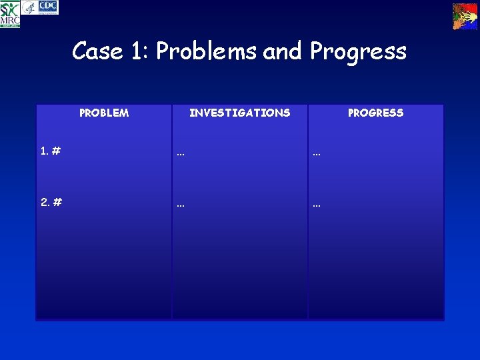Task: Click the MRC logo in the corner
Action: pyautogui.click(x=10, y=15)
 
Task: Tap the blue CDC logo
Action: pyautogui.click(x=49, y=7)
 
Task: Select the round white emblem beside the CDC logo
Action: pyautogui.click(x=29, y=7)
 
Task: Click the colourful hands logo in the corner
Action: pyautogui.click(x=465, y=16)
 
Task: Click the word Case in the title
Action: pyautogui.click(x=97, y=51)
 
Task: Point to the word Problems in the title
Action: pyautogui.click(x=206, y=51)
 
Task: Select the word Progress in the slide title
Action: pyautogui.click(x=358, y=51)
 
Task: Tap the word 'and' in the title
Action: pyautogui.click(x=283, y=51)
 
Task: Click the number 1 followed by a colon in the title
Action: pyautogui.click(x=139, y=51)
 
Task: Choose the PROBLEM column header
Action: pyautogui.click(x=104, y=113)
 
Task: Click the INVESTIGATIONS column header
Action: pyautogui.click(x=239, y=113)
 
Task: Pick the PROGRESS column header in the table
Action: pyautogui.click(x=375, y=113)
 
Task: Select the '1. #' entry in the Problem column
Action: pyautogui.click(x=51, y=151)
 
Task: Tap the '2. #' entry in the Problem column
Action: pyautogui.click(x=51, y=203)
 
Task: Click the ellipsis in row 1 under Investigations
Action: pyautogui.click(x=181, y=154)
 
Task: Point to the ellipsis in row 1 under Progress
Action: pyautogui.click(x=317, y=154)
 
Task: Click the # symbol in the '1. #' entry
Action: pyautogui.click(x=57, y=151)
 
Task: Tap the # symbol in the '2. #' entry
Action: pyautogui.click(x=57, y=203)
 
